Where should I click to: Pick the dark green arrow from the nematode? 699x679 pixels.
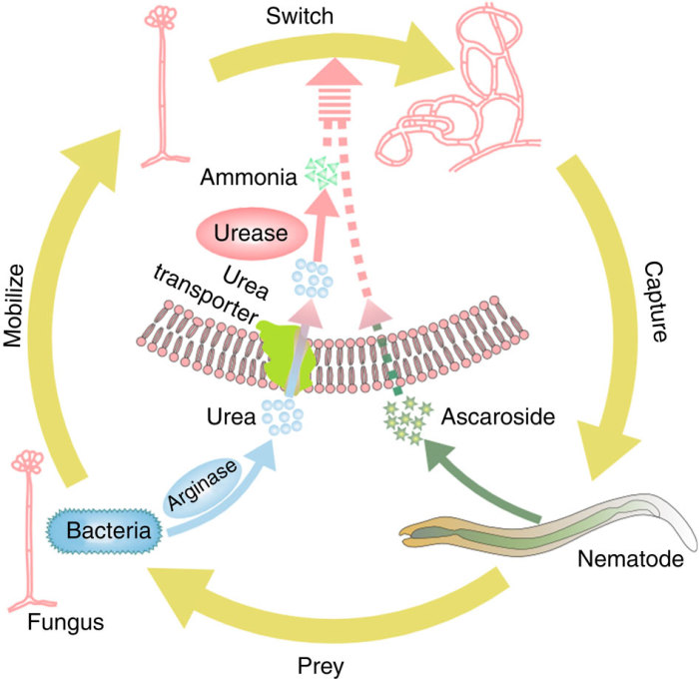click(x=479, y=487)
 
